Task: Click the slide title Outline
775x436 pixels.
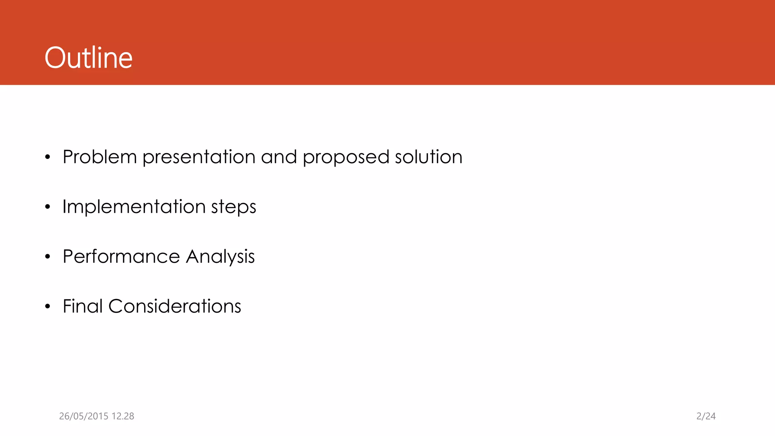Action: point(89,58)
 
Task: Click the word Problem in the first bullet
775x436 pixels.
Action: point(100,157)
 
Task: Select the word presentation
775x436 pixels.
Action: point(199,157)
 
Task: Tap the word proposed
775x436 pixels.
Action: point(345,157)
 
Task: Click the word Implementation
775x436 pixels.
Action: point(134,207)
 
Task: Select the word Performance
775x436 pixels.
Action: point(121,257)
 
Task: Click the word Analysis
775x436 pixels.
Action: point(220,257)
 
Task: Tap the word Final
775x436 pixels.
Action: point(82,306)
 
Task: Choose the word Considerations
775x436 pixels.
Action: point(174,306)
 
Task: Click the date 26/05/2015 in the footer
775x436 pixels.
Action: point(83,416)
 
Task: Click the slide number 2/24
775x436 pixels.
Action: point(706,416)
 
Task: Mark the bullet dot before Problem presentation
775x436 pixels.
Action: point(47,157)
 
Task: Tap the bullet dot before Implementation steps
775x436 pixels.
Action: point(47,207)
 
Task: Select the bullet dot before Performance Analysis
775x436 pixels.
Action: point(47,257)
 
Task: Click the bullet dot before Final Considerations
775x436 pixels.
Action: point(47,307)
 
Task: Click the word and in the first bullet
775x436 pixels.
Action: point(279,157)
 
